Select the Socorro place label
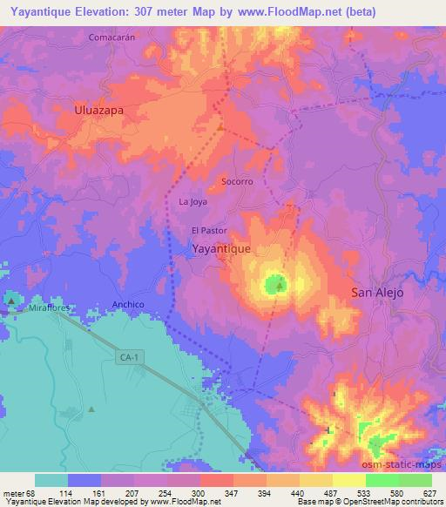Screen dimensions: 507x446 [237, 182]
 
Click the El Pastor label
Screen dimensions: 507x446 [209, 231]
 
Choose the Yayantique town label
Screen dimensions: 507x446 [221, 248]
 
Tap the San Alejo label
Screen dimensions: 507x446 [377, 293]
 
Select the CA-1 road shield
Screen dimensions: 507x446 [128, 357]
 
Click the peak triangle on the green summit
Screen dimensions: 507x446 [279, 284]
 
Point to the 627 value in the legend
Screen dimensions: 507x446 [431, 493]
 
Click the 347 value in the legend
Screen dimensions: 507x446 [232, 493]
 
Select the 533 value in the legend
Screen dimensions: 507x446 [365, 493]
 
